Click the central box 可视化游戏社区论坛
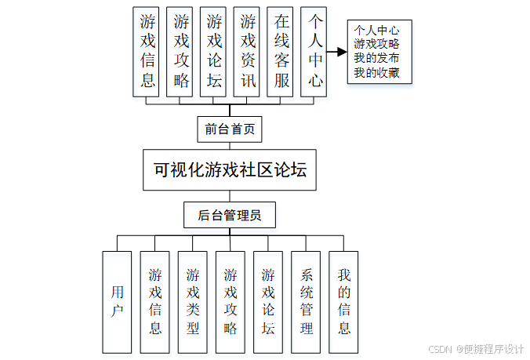[230, 170]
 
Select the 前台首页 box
[230, 129]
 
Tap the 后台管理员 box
[230, 215]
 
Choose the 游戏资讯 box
[247, 51]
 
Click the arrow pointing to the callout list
[337, 52]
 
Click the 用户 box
[117, 302]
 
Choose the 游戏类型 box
[192, 302]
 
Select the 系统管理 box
[306, 302]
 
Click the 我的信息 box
[343, 302]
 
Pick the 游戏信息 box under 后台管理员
[154, 302]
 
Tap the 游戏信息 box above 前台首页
[147, 51]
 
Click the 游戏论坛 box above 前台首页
[213, 51]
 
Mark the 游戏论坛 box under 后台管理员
[268, 302]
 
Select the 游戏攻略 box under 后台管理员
[231, 302]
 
